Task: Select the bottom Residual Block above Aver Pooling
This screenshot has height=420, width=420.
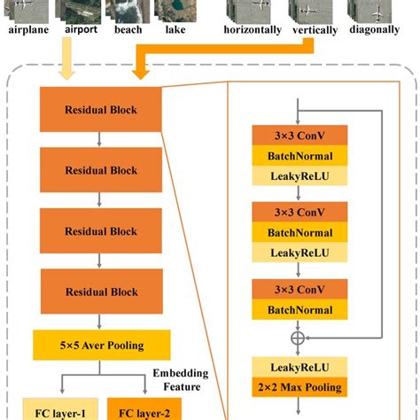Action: [100, 292]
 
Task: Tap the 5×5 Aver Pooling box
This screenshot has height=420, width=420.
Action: [100, 346]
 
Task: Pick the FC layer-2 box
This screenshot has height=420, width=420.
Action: [144, 410]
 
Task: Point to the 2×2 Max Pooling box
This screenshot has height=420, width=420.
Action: [299, 387]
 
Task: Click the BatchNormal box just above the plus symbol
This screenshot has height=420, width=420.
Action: [299, 309]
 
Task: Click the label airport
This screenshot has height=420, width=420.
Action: [80, 29]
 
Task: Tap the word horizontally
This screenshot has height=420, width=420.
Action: [253, 30]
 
